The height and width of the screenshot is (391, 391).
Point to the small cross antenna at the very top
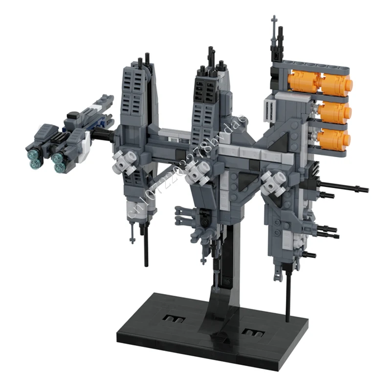point(274,22)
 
